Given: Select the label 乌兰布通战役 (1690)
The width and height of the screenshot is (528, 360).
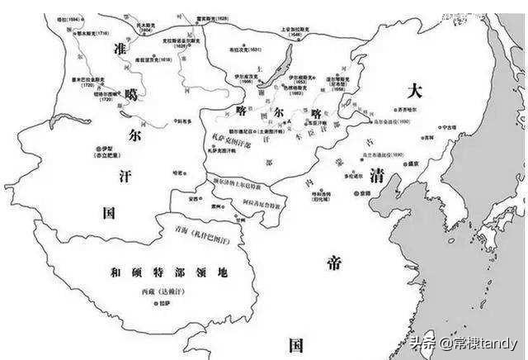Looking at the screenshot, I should (x=383, y=155).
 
